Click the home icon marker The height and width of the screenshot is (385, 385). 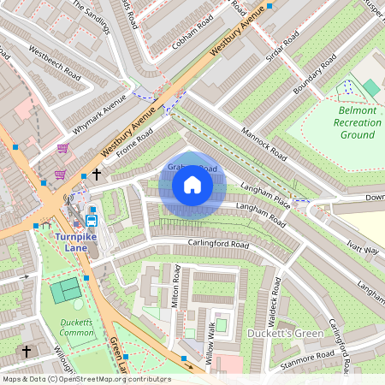[x=192, y=185]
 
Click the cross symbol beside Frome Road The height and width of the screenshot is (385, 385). [x=97, y=174]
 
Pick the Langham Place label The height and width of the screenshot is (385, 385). [x=267, y=198]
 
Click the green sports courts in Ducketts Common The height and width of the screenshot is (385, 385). [x=66, y=290]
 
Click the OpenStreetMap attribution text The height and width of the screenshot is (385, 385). [x=86, y=379]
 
